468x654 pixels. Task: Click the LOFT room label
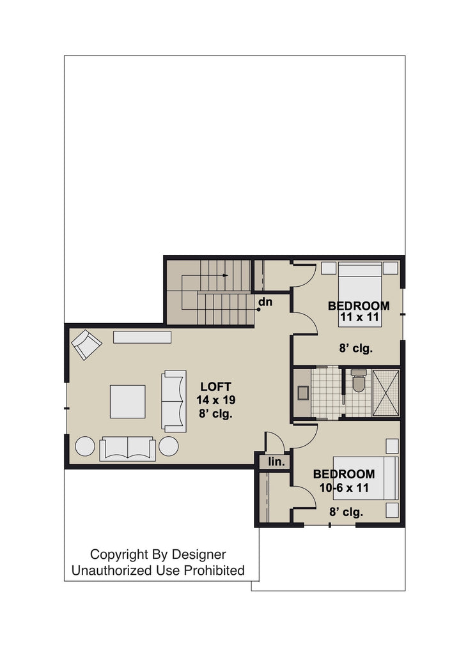(x=215, y=386)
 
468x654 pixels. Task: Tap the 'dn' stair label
(x=265, y=301)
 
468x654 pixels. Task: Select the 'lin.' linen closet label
(x=276, y=462)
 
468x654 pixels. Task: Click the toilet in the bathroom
(x=359, y=381)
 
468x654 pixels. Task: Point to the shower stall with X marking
(x=386, y=393)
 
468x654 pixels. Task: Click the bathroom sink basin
(x=303, y=393)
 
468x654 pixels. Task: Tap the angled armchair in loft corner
(x=86, y=344)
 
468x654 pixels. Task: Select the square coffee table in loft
(x=128, y=401)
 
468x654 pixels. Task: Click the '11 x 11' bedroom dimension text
(x=359, y=317)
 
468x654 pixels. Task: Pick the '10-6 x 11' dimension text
(x=344, y=487)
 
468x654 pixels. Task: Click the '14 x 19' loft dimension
(x=216, y=400)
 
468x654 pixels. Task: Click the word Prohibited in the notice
(x=214, y=570)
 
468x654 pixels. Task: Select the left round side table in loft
(x=85, y=446)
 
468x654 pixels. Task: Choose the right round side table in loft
(x=169, y=446)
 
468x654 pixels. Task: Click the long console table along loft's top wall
(x=143, y=337)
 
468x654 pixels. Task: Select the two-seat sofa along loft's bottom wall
(x=127, y=449)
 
